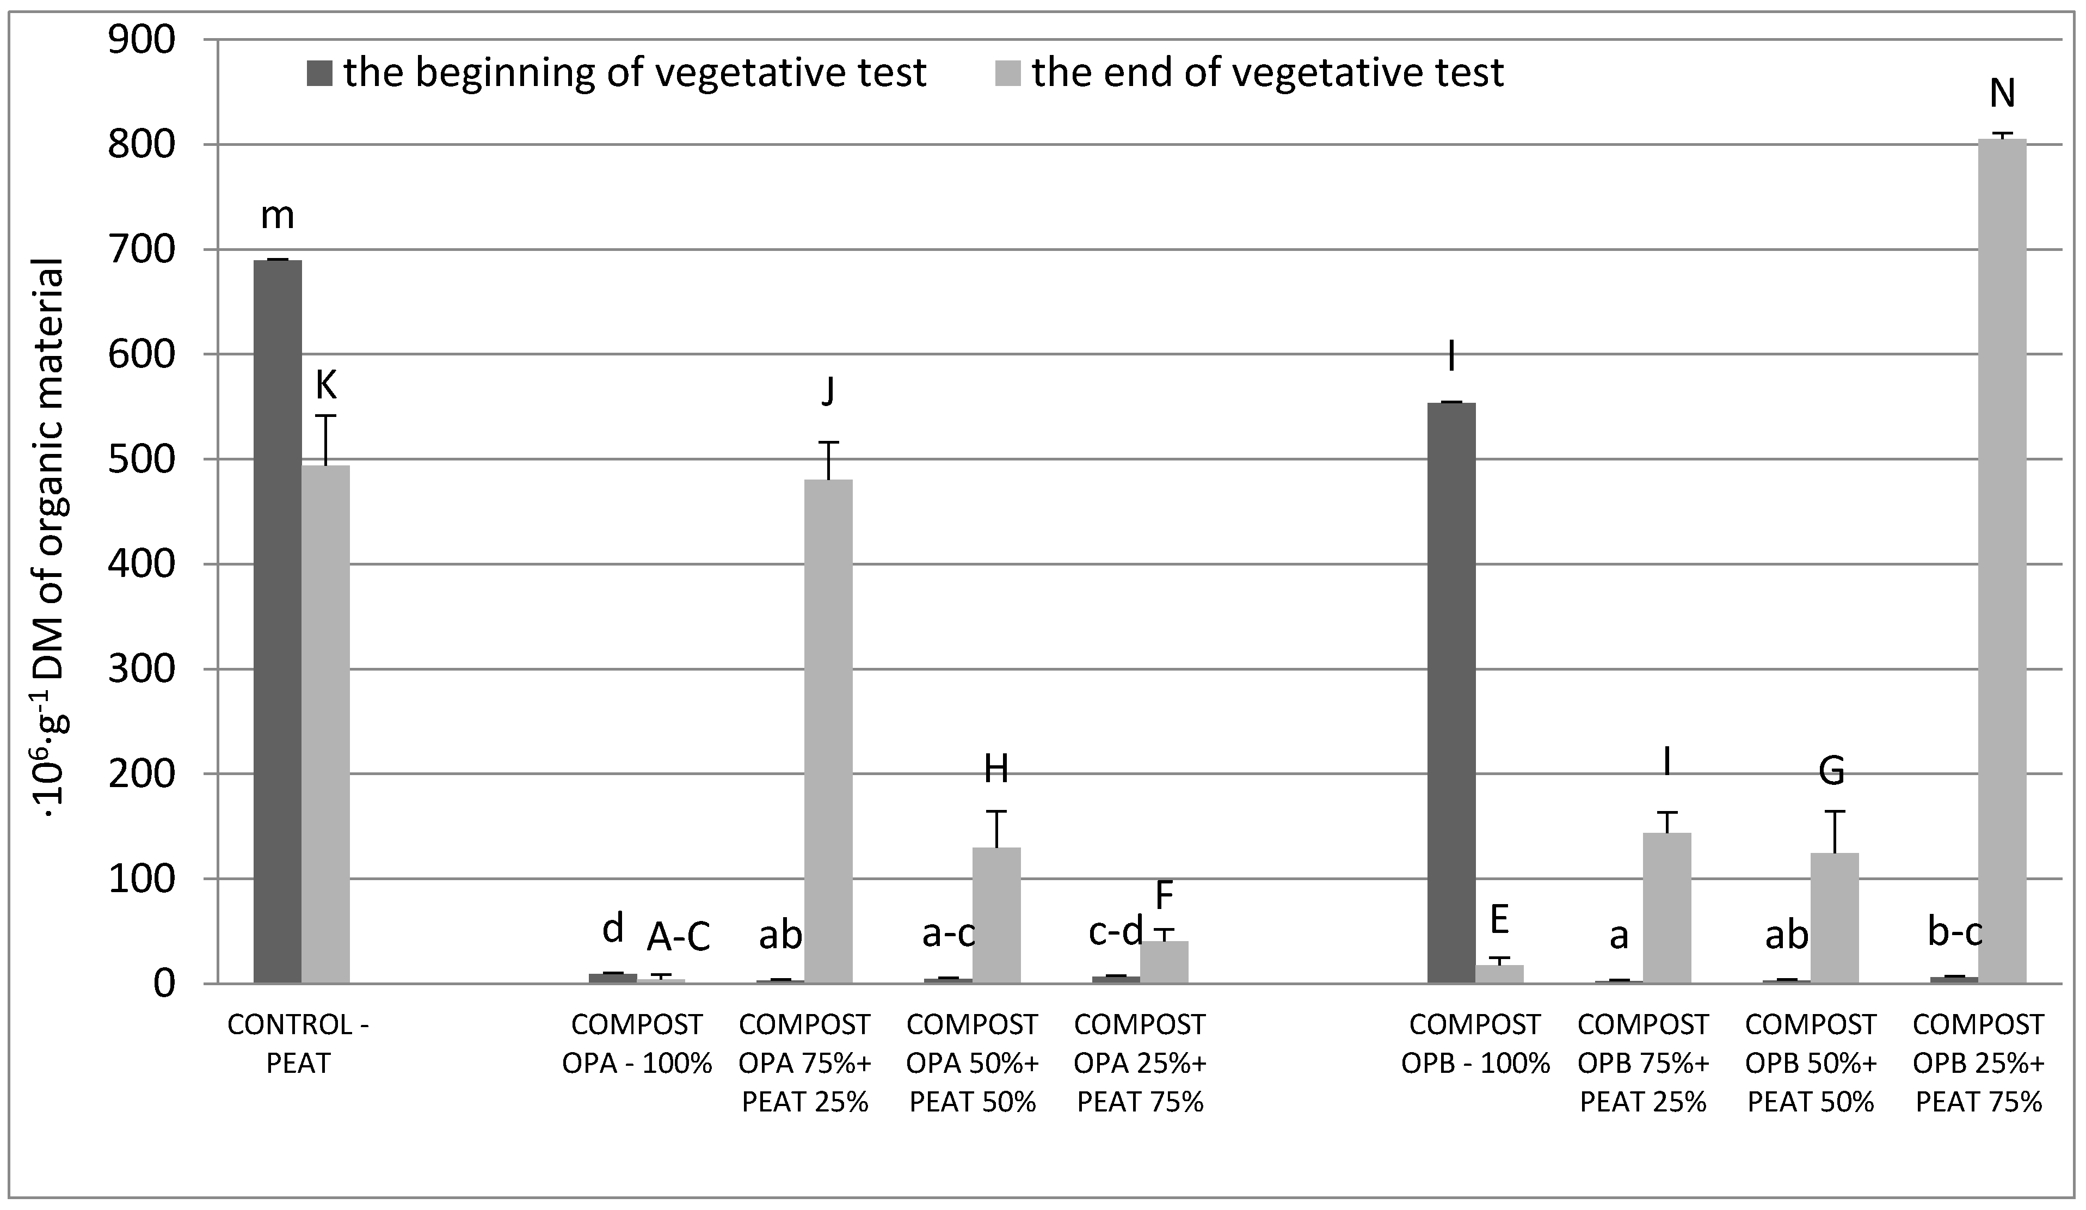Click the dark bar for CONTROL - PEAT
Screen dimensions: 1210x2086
click(x=278, y=621)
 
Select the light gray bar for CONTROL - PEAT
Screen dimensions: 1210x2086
click(x=325, y=724)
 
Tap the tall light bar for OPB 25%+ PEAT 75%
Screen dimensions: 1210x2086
click(x=2002, y=563)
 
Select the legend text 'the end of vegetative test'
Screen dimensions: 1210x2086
click(x=1266, y=73)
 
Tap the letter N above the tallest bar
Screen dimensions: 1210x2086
click(x=2002, y=94)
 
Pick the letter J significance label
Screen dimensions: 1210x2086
click(x=828, y=391)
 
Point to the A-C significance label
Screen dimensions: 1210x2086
click(x=678, y=938)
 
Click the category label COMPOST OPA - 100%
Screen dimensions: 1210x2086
click(x=637, y=1043)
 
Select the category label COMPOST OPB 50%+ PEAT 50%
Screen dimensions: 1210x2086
click(x=1810, y=1062)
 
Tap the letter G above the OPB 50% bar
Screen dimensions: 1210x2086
click(x=1831, y=771)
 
